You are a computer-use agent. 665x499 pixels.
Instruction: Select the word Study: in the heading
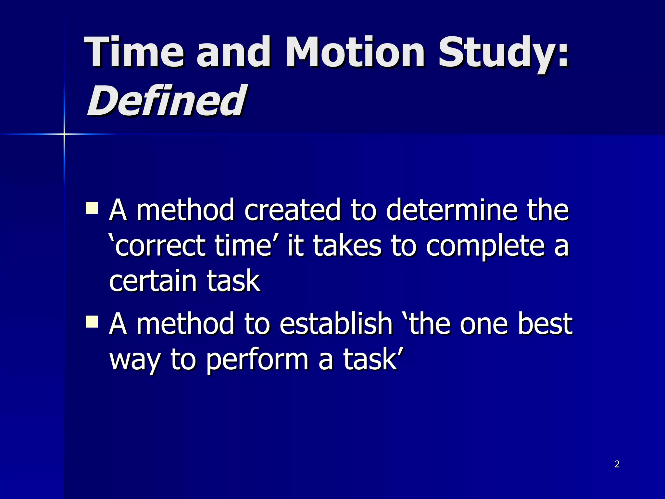(503, 54)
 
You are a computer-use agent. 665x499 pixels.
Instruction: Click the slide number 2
(617, 464)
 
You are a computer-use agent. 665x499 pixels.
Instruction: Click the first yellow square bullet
(92, 208)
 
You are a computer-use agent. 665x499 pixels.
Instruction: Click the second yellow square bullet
(92, 322)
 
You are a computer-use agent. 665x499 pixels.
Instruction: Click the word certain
(152, 281)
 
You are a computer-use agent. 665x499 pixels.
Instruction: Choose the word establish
(336, 324)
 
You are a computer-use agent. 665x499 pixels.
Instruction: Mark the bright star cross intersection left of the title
(64, 134)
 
